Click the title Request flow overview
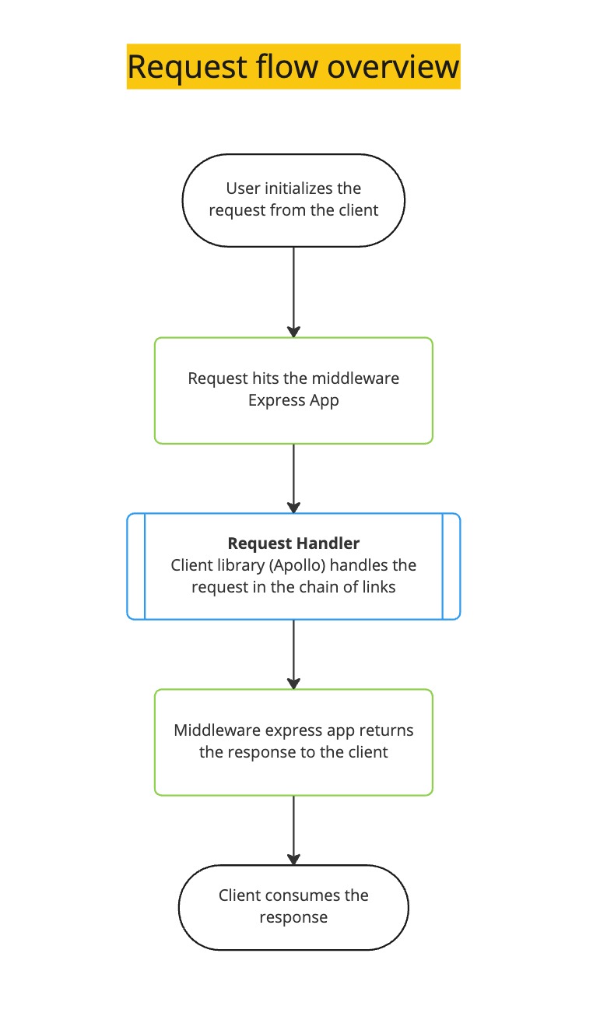pyautogui.click(x=293, y=66)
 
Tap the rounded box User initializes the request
pyautogui.click(x=293, y=200)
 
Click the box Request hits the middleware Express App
pyautogui.click(x=293, y=390)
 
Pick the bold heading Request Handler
pyautogui.click(x=293, y=543)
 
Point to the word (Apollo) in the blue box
pyautogui.click(x=306, y=565)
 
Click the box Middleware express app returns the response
pyautogui.click(x=293, y=741)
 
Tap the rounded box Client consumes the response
pyautogui.click(x=293, y=906)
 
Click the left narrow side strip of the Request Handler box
pyautogui.click(x=136, y=566)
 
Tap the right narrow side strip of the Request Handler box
pyautogui.click(x=451, y=566)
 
